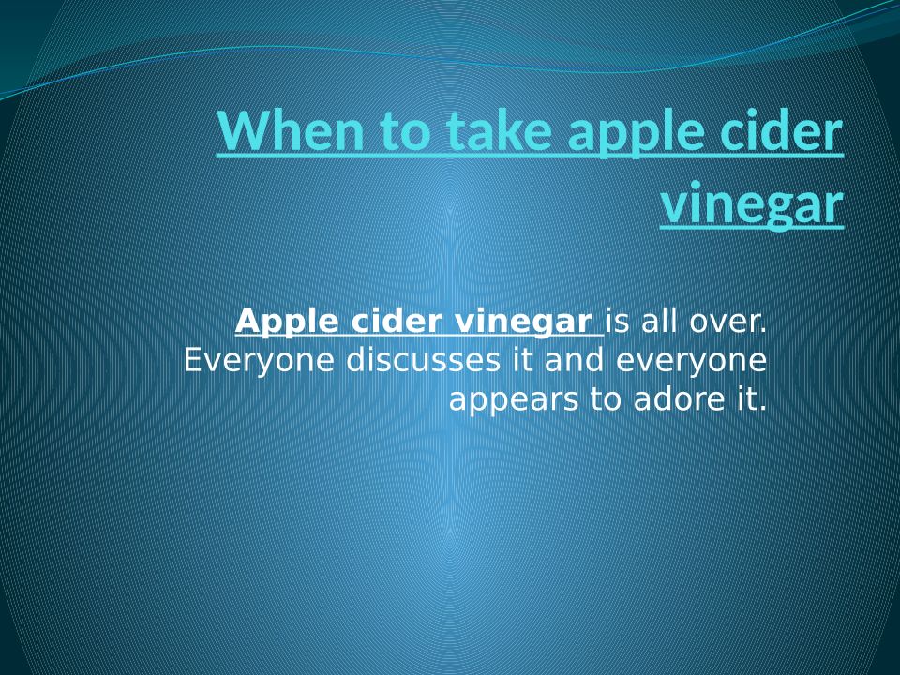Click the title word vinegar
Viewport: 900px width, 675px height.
coord(753,205)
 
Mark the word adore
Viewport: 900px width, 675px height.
coord(679,399)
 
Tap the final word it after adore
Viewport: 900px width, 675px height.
coord(747,399)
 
